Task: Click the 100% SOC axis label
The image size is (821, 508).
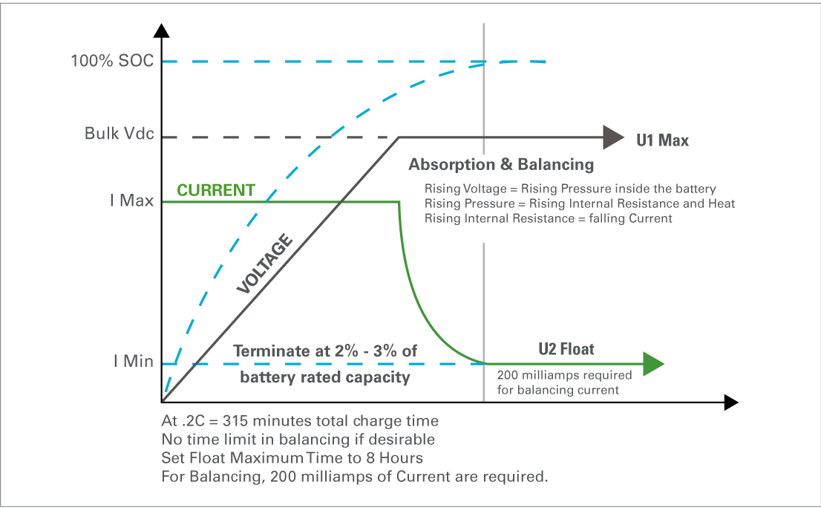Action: (113, 61)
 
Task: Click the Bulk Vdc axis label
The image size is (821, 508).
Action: (120, 134)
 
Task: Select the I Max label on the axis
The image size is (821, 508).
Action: (132, 201)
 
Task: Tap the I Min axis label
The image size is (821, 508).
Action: (134, 362)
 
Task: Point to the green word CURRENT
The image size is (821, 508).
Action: (216, 190)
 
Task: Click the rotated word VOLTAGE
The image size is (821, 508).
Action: (264, 264)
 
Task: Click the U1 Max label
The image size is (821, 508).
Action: (662, 140)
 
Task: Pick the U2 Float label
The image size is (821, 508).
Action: (566, 349)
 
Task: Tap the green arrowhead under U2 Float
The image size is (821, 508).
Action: (653, 364)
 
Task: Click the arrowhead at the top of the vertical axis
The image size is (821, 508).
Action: (162, 30)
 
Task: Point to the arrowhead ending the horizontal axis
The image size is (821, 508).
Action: (731, 403)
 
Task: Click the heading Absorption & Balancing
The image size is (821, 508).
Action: (502, 164)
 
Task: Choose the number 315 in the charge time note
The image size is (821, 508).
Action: (234, 421)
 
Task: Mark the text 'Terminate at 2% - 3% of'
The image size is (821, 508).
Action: (325, 351)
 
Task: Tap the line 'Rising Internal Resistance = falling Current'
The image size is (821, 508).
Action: (549, 218)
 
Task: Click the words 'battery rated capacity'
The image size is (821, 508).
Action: (325, 377)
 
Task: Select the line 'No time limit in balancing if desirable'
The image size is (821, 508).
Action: (298, 440)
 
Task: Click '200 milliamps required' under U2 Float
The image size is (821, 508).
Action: (564, 375)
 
